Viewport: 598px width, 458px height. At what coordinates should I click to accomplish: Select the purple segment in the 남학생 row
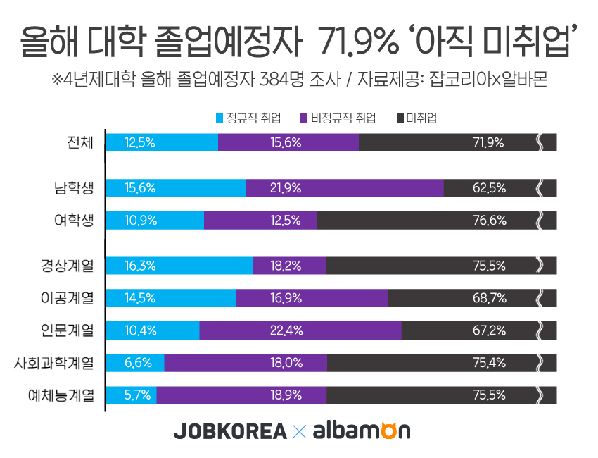tap(345, 188)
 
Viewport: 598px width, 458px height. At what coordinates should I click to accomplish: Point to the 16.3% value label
tap(140, 266)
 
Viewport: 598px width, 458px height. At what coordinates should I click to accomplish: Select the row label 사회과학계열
tap(55, 363)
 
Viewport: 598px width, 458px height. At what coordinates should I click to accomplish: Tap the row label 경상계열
tap(68, 266)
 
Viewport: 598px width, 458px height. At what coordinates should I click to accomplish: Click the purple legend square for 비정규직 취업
tap(304, 118)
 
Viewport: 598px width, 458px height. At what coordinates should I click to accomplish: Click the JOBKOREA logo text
tap(230, 431)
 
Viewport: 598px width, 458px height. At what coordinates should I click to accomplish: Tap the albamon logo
tap(361, 431)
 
